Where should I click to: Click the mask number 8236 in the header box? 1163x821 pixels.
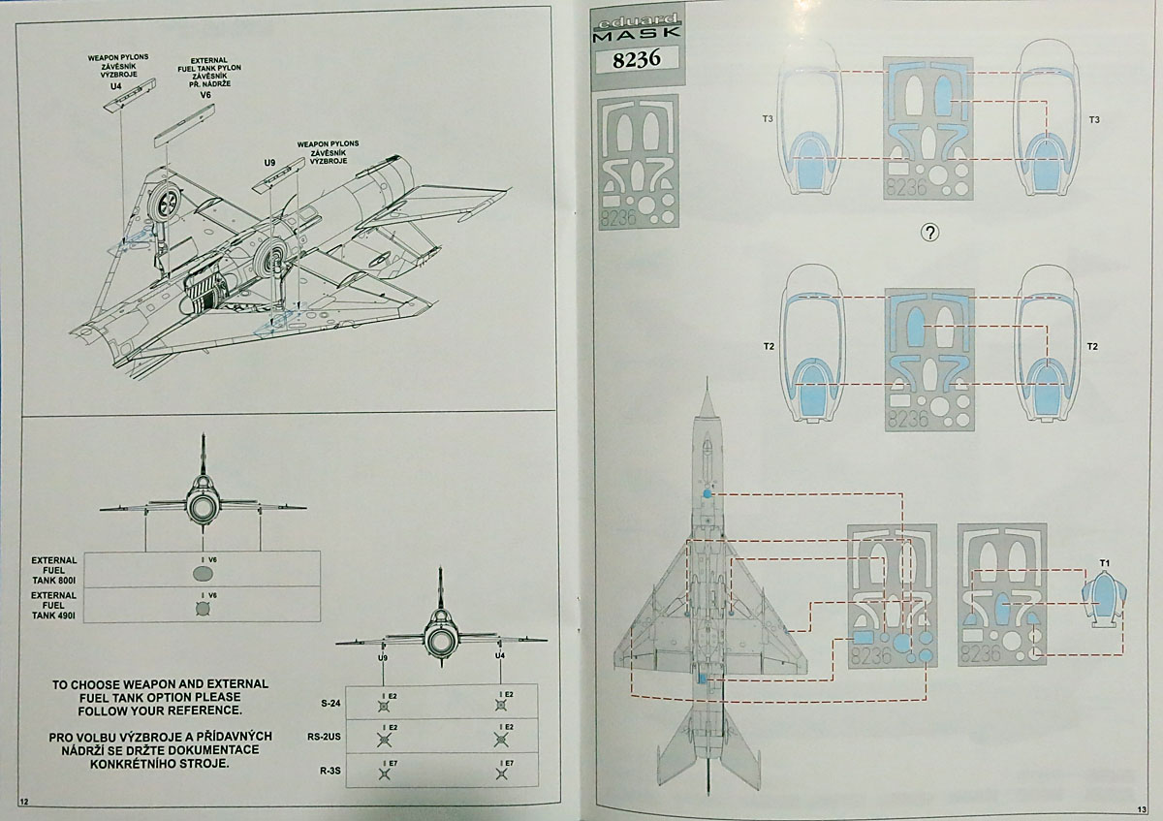click(637, 59)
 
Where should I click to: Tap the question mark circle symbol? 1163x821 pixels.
click(930, 233)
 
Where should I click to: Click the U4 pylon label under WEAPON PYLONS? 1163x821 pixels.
click(116, 86)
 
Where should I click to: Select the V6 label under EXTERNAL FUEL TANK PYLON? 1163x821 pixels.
click(204, 95)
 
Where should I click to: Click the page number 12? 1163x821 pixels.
click(24, 801)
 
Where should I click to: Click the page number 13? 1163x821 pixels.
click(1141, 808)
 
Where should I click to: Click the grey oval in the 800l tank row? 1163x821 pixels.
click(202, 574)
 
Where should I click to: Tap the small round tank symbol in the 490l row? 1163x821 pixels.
click(202, 609)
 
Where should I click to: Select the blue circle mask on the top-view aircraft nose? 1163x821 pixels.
click(707, 494)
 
